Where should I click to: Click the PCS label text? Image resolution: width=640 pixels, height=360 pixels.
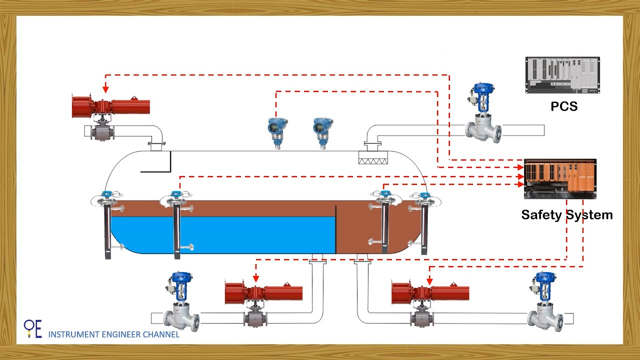[x=564, y=106]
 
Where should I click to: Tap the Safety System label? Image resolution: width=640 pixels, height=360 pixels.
[x=566, y=215]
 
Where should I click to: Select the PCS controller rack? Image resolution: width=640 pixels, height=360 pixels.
[x=562, y=75]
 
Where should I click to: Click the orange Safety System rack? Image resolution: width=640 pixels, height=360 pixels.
[x=560, y=178]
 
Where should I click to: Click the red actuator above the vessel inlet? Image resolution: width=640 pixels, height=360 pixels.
[x=111, y=106]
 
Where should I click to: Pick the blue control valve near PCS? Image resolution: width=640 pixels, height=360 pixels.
[x=482, y=112]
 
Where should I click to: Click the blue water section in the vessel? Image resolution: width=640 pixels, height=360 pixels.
[x=225, y=235]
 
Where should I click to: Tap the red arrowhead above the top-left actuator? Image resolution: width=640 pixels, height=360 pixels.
[x=105, y=89]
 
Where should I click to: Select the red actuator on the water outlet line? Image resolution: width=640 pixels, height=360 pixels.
[x=263, y=293]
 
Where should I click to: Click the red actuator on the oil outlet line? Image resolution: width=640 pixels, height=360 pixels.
[x=430, y=293]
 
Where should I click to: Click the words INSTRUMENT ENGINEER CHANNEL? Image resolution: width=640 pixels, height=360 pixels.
[x=113, y=334]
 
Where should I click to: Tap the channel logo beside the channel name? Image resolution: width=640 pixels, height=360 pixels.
[x=33, y=328]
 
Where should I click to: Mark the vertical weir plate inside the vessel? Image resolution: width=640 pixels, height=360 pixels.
[x=335, y=228]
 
